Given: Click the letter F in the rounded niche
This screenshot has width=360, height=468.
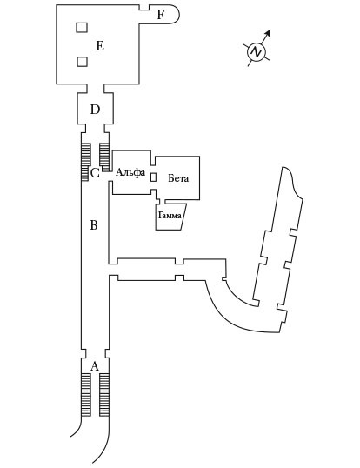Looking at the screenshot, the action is (161, 14).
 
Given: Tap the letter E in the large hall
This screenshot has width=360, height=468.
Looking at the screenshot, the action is (100, 46).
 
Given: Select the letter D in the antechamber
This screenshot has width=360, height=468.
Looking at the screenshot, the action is (95, 110).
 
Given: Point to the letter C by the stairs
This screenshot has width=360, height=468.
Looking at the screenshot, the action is (95, 173).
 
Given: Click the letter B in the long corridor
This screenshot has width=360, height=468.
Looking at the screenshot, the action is (94, 224).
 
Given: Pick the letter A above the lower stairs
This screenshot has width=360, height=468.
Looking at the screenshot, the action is (95, 366).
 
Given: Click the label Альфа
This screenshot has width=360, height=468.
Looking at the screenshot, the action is (130, 172).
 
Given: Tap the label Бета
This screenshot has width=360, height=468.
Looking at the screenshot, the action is (178, 178).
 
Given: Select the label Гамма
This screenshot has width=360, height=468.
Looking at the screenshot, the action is (170, 215).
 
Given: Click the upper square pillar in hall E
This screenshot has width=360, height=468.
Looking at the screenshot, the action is (82, 28).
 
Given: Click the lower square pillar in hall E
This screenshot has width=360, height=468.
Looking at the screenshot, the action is (82, 62).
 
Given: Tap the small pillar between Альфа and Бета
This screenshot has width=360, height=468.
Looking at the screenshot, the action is (153, 177).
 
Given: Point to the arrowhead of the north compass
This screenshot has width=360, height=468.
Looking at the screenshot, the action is (268, 32).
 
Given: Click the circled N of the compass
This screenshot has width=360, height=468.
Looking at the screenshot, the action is (257, 52).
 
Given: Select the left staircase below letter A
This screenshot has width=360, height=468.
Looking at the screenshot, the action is (86, 395).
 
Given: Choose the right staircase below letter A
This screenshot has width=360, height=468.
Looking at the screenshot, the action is (103, 395).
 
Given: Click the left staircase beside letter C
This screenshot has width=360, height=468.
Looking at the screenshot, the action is (86, 162).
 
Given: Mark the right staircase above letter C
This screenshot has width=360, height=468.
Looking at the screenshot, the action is (104, 157).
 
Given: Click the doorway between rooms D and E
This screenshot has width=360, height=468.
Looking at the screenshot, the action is (96, 89).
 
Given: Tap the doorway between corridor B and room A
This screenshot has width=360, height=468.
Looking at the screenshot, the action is (95, 353).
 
